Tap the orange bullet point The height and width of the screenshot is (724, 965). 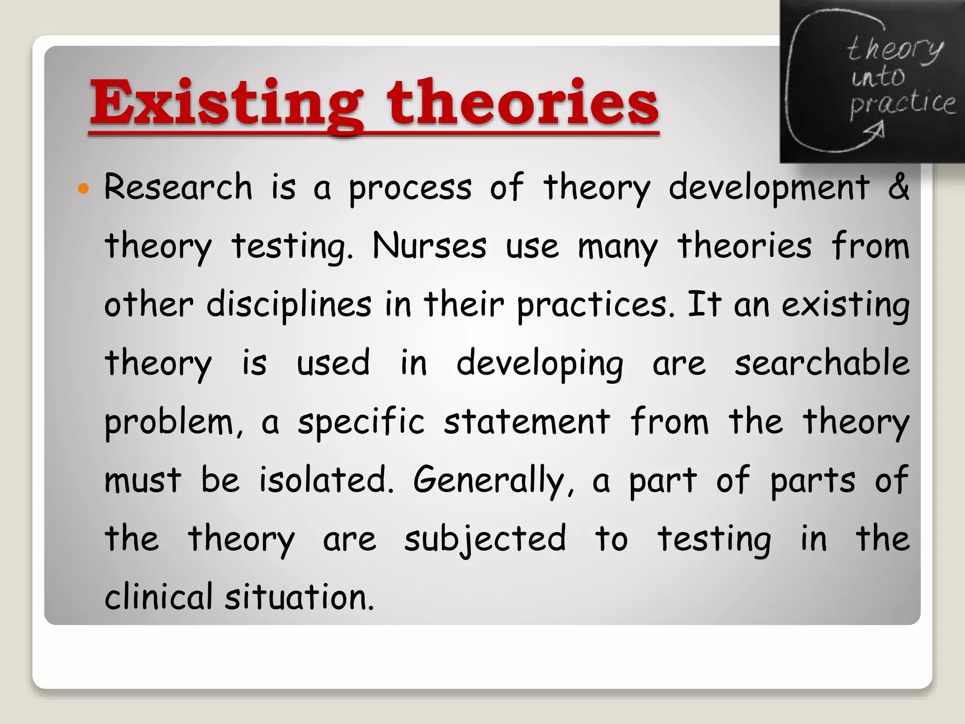point(83,189)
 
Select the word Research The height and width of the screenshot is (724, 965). point(178,187)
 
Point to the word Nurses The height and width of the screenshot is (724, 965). point(429,246)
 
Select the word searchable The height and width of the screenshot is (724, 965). point(822,363)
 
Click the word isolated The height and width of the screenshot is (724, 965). point(326,480)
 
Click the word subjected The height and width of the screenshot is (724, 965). point(484,539)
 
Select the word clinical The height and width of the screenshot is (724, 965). point(158,597)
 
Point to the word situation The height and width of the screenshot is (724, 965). point(299,597)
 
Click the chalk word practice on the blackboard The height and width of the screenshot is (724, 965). point(902,104)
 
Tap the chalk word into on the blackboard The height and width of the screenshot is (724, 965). point(878,77)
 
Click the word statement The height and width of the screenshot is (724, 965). point(526,421)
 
